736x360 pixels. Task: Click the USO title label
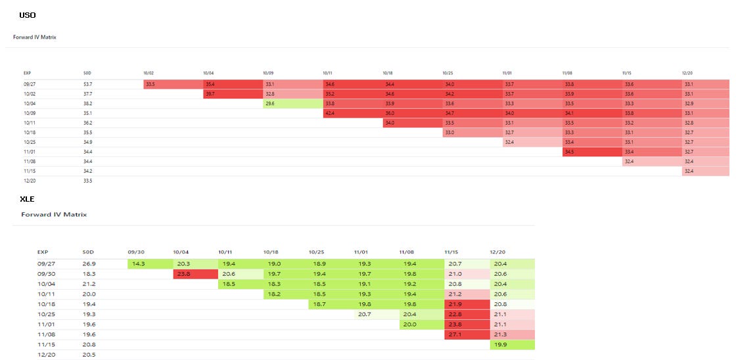(x=28, y=14)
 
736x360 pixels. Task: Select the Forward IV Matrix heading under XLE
(x=54, y=214)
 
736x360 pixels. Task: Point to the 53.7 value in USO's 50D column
(x=87, y=85)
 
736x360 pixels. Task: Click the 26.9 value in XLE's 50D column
(x=89, y=263)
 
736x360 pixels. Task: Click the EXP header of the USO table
(x=28, y=73)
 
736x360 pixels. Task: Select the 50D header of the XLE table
(x=88, y=252)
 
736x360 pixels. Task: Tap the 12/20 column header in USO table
(x=689, y=73)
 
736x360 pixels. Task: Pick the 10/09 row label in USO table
(x=29, y=113)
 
